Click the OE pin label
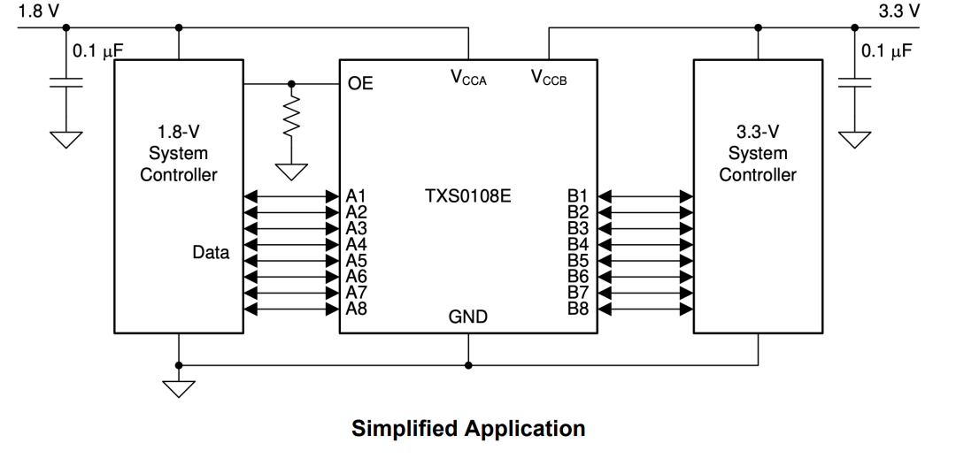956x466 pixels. (359, 83)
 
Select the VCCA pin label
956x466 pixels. (468, 77)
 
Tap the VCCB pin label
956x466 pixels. (549, 77)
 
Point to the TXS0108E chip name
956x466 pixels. (467, 196)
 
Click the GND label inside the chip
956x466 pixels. (467, 317)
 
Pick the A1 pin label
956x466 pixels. (356, 196)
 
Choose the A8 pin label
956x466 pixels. (356, 309)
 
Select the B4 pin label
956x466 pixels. (578, 244)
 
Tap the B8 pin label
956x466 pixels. (578, 309)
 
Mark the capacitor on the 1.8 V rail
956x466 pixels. (66, 82)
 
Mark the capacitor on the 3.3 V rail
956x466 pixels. (854, 82)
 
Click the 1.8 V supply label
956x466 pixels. (39, 11)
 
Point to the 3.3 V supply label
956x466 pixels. (898, 11)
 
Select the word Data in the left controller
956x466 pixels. (211, 252)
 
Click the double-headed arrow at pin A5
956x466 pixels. (291, 261)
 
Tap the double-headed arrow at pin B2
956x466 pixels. (645, 212)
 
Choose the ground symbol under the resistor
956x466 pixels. (291, 172)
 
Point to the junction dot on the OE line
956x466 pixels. (291, 83)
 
